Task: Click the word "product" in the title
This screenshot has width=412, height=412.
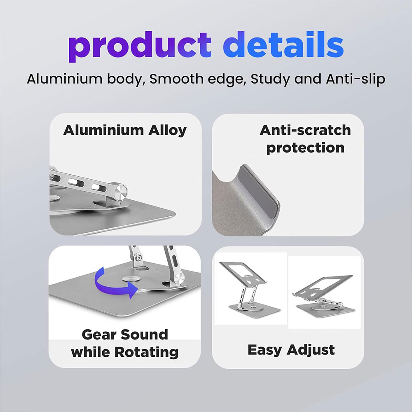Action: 140,46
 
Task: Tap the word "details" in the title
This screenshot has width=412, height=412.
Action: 283,44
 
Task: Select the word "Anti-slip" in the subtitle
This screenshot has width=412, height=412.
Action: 356,79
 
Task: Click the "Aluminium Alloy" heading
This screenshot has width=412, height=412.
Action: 125,130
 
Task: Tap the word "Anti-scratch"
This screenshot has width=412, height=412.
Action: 305,130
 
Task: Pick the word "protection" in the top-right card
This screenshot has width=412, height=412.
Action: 305,148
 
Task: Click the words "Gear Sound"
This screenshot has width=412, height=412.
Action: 125,335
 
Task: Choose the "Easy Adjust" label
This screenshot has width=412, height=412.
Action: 291,350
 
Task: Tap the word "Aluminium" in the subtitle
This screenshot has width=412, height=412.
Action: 64,79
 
